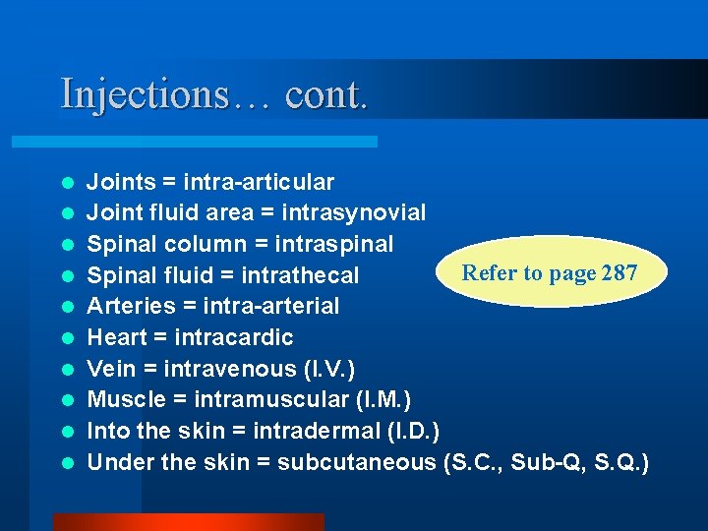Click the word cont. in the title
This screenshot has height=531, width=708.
pos(327,94)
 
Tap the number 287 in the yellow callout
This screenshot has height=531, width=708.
pos(619,272)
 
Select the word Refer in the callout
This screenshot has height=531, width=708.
pos(488,272)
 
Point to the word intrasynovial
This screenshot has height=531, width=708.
pos(354,212)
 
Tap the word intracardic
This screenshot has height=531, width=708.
pos(233,337)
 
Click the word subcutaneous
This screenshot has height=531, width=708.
pos(358,463)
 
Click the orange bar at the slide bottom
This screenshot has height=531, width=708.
pos(187,521)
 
